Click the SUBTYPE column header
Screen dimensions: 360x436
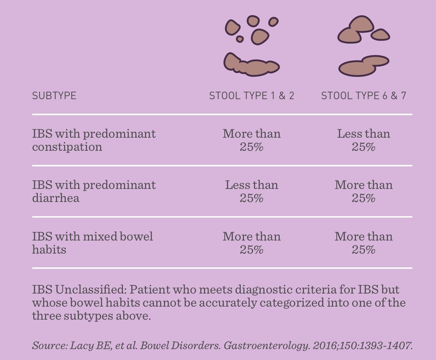(54, 96)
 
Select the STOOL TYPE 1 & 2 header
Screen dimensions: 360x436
(252, 96)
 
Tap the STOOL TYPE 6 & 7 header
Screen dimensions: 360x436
(364, 96)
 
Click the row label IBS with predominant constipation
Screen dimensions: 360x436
(94, 140)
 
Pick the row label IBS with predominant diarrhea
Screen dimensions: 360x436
(94, 191)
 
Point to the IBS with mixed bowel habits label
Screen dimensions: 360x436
(92, 243)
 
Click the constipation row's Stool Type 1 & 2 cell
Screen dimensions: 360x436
(252, 140)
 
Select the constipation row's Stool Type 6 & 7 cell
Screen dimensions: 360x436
(364, 140)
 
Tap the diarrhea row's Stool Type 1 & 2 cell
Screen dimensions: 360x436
(252, 191)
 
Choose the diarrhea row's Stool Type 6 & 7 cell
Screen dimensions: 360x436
(364, 191)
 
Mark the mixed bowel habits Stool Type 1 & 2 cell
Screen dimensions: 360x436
(252, 243)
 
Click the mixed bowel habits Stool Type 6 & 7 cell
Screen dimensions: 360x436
(364, 243)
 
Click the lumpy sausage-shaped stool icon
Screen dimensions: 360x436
(251, 65)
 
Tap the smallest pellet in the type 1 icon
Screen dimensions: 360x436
(240, 39)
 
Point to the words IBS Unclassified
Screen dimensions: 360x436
(79, 290)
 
